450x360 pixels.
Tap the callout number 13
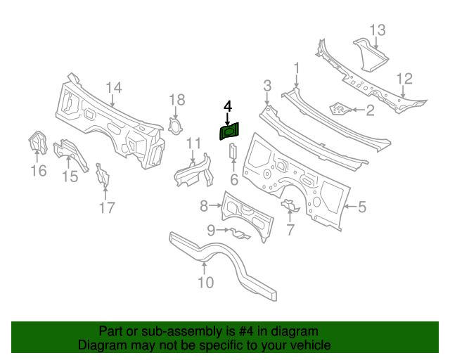pyautogui.click(x=378, y=30)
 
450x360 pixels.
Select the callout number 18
pyautogui.click(x=176, y=99)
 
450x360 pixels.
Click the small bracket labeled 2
pyautogui.click(x=340, y=108)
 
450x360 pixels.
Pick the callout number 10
pyautogui.click(x=205, y=283)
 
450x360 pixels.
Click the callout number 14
pyautogui.click(x=114, y=87)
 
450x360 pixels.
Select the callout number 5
pyautogui.click(x=362, y=207)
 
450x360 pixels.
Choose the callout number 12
pyautogui.click(x=404, y=78)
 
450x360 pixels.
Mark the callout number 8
pyautogui.click(x=205, y=206)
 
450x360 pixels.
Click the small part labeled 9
pyautogui.click(x=238, y=233)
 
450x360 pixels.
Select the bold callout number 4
pyautogui.click(x=227, y=106)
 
